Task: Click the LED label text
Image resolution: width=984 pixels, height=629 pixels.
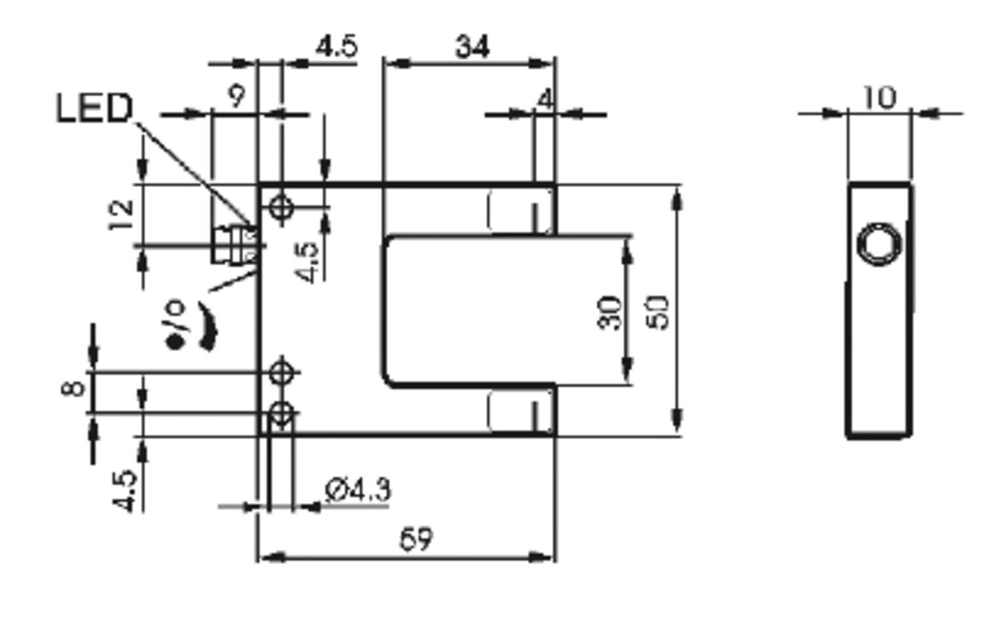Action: pyautogui.click(x=94, y=108)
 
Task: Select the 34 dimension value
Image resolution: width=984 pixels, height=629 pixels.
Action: pyautogui.click(x=472, y=47)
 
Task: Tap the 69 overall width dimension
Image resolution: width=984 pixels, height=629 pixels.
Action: pyautogui.click(x=416, y=539)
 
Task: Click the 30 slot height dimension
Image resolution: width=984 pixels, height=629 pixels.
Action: pyautogui.click(x=610, y=313)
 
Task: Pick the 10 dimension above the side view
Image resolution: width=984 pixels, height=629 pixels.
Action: pyautogui.click(x=878, y=98)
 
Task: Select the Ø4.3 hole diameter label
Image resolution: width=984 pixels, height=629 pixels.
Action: pyautogui.click(x=358, y=490)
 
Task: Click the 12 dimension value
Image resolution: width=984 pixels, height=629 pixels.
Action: pyautogui.click(x=122, y=214)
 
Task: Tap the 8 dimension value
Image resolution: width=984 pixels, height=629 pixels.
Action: pyautogui.click(x=73, y=388)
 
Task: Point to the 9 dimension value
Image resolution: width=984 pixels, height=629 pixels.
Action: pyautogui.click(x=236, y=96)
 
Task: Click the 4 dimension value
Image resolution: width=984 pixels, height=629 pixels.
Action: pyautogui.click(x=544, y=100)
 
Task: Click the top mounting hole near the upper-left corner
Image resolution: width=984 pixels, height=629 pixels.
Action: pyautogui.click(x=281, y=207)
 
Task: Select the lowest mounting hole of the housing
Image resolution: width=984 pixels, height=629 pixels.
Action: pyautogui.click(x=281, y=413)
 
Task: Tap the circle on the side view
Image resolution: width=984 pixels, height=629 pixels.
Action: pyautogui.click(x=880, y=244)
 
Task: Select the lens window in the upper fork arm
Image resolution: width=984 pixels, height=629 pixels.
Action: pyautogui.click(x=520, y=211)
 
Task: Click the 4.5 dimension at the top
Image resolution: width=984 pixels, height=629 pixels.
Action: pyautogui.click(x=337, y=47)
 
